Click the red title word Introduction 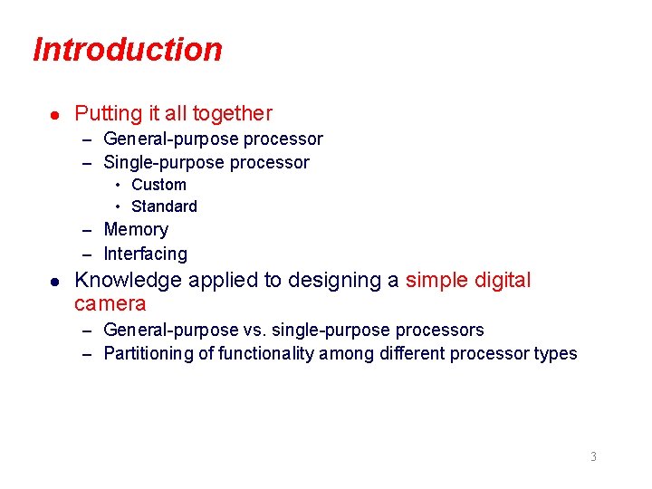(x=127, y=49)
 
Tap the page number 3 (x=593, y=456)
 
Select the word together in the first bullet (x=232, y=114)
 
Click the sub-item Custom (x=158, y=185)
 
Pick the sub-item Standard (x=164, y=206)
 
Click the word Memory (x=136, y=230)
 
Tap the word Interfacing (x=145, y=254)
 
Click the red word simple (x=435, y=281)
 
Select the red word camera (x=110, y=303)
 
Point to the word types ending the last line (x=555, y=354)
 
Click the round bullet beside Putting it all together (x=55, y=115)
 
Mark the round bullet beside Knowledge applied (x=55, y=282)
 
